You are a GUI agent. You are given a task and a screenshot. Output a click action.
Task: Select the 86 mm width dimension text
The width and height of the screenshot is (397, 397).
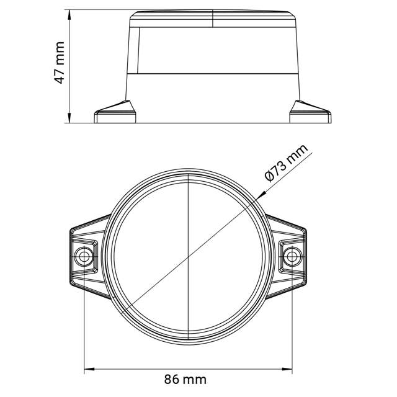[186, 378]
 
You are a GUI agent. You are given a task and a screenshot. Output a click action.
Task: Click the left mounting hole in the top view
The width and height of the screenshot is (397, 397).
[83, 255]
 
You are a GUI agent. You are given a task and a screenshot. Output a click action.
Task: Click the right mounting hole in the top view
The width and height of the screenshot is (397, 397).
[291, 255]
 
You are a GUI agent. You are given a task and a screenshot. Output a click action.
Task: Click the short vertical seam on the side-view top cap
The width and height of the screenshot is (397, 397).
[213, 19]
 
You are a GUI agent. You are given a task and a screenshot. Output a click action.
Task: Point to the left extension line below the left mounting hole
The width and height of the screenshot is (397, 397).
[84, 323]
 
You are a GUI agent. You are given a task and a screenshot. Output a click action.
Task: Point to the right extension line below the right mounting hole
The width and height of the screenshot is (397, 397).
[291, 323]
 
